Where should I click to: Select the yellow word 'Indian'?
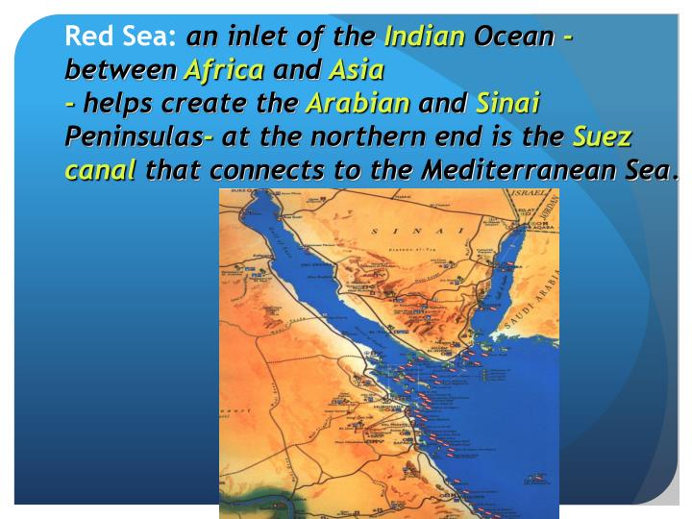[x=424, y=37]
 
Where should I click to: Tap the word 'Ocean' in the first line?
[x=514, y=37]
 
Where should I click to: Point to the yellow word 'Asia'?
[x=357, y=70]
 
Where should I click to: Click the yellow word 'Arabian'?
[x=358, y=103]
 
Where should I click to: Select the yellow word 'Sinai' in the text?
[x=508, y=103]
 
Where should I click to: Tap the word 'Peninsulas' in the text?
[x=134, y=136]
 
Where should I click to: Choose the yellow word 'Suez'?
[x=602, y=136]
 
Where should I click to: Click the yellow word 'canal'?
[x=100, y=171]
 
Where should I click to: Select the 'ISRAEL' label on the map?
[x=528, y=194]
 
